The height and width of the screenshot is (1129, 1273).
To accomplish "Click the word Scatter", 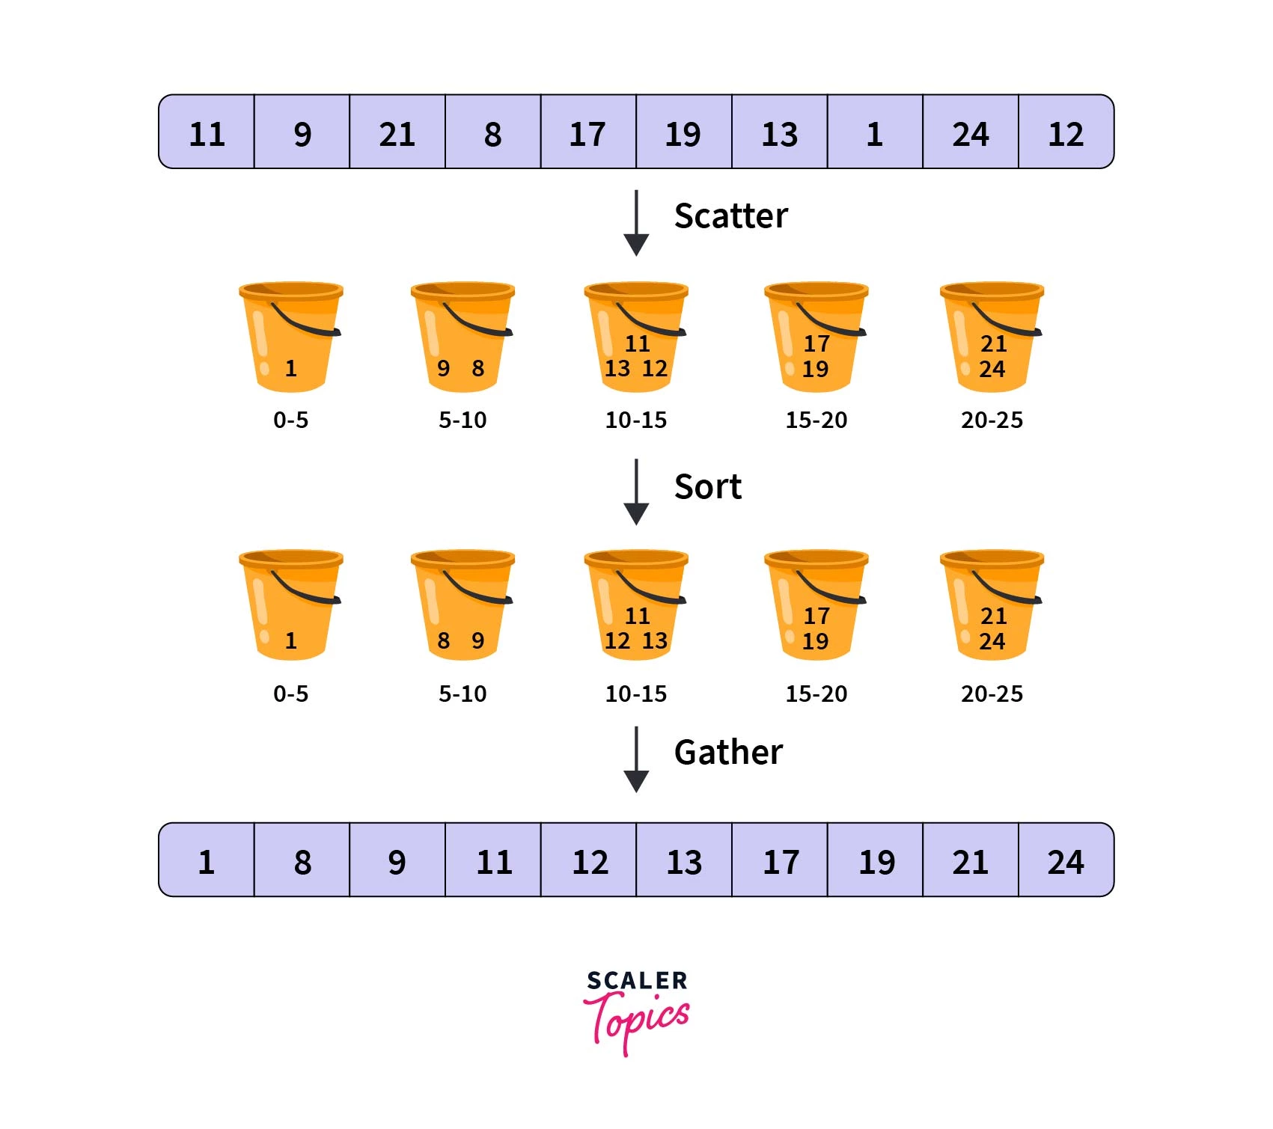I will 730,215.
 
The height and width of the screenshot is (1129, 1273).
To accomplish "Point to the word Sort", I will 707,486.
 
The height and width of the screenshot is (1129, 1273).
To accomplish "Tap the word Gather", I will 728,752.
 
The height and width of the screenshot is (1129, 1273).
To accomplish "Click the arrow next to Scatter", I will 636,223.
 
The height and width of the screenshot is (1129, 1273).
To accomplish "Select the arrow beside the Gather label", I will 636,759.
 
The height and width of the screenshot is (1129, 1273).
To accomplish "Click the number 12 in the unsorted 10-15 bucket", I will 655,368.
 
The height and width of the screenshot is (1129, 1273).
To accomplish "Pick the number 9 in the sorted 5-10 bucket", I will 477,640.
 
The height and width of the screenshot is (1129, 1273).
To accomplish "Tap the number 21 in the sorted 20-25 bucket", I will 993,616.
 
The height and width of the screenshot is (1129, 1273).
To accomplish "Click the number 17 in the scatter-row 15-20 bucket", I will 816,343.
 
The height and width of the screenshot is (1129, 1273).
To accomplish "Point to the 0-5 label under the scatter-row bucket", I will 290,420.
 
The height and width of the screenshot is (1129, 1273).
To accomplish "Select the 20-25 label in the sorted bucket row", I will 992,694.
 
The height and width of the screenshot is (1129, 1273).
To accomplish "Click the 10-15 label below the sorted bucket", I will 636,694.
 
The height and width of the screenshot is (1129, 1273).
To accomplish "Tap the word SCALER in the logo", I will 636,980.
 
